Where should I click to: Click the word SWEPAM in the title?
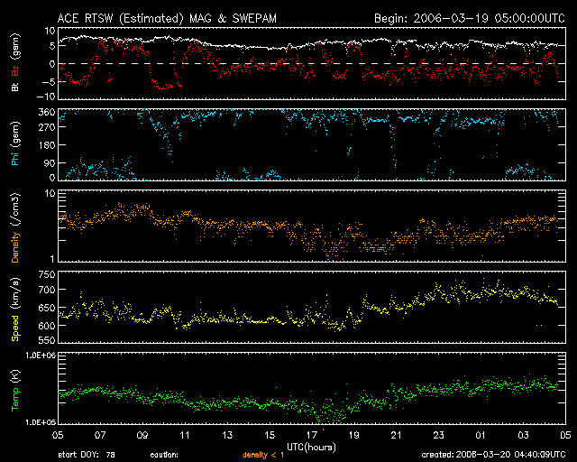pos(254,18)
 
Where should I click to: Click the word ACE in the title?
pos(68,18)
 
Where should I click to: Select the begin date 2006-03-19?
pos(451,18)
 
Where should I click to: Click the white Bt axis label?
pos(15,87)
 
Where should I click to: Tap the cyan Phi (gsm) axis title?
pos(15,143)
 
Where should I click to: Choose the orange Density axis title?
pos(15,227)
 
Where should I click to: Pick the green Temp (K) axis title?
pos(15,391)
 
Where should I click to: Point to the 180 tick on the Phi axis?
pos(47,144)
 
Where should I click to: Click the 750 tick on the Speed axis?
pos(47,274)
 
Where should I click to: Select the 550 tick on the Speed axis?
pos(47,340)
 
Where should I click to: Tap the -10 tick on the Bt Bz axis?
pos(45,97)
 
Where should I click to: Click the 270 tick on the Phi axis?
pos(47,127)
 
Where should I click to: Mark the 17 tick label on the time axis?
pos(312,435)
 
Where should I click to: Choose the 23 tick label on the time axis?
pos(439,435)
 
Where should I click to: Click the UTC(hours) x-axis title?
pos(311,448)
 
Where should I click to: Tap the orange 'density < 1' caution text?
pos(263,455)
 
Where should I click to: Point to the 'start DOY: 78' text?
pos(87,455)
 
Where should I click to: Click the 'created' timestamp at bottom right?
pos(493,455)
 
